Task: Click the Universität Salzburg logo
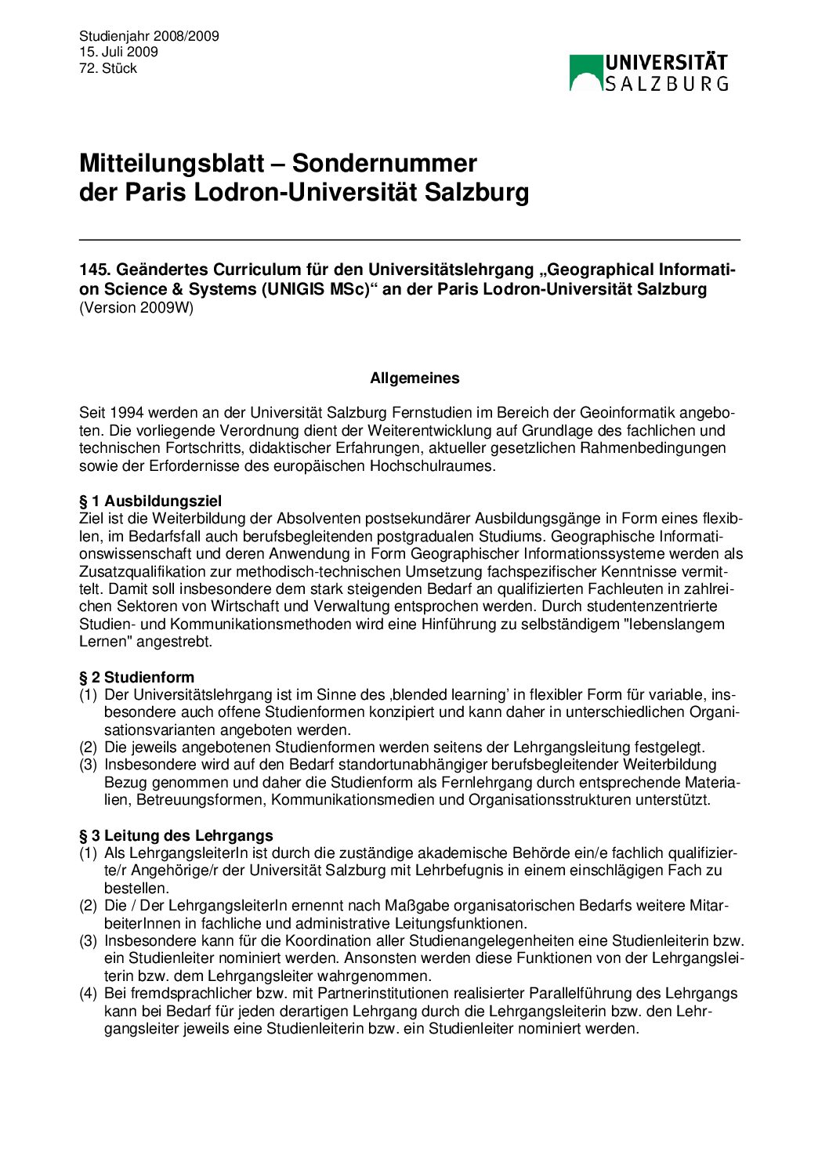coord(649,72)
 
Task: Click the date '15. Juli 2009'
coord(118,52)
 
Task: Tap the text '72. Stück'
coord(108,68)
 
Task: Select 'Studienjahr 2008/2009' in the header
coord(149,36)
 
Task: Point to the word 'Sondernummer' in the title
coord(385,163)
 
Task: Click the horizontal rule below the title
coord(409,240)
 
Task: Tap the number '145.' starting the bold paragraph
coord(93,270)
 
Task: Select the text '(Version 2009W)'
coord(136,307)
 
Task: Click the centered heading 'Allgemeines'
coord(414,378)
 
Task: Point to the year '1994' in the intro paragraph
coord(127,413)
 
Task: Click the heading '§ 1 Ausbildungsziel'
coord(150,501)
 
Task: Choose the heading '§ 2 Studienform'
coord(137,677)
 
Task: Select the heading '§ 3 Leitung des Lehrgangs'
coord(176,835)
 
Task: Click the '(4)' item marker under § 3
coord(88,994)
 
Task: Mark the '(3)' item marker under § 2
coord(88,765)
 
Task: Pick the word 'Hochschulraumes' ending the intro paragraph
coord(437,466)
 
